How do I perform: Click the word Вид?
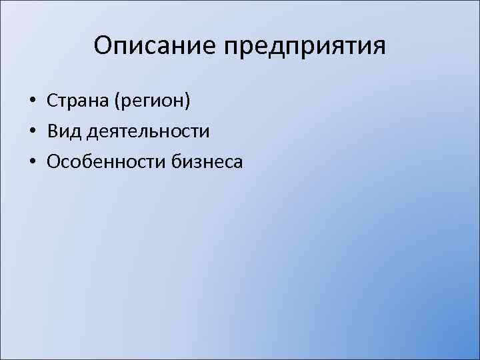63,131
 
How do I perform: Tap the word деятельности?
147,132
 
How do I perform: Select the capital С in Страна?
53,101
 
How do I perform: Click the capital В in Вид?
53,131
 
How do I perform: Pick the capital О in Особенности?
53,161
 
